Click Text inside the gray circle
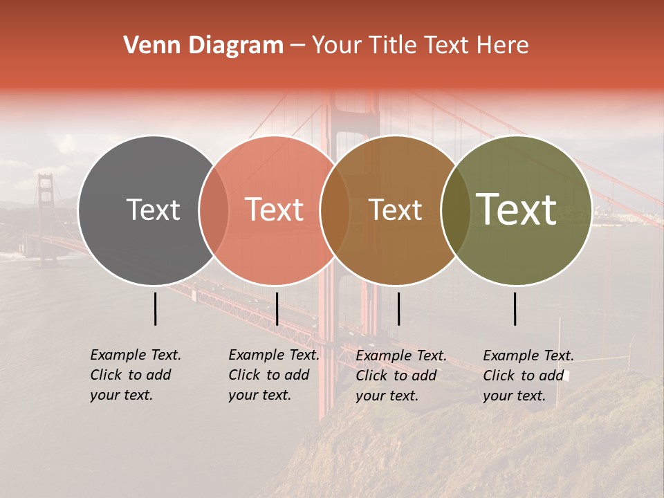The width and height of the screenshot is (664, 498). pos(153,210)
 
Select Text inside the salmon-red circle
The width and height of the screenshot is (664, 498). pos(275,210)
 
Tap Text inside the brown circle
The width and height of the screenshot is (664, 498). pos(395,210)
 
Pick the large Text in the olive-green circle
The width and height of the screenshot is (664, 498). pos(517,210)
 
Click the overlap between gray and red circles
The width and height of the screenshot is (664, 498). pos(214,210)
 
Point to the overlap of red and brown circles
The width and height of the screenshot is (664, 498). pos(335,210)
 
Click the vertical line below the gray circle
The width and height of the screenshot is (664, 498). pos(156,308)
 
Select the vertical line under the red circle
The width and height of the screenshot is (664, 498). pos(277,308)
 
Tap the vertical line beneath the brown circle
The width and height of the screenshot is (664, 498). pos(398,308)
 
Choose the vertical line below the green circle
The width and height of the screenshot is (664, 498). pos(515,308)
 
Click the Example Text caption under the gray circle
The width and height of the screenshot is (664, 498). pos(136,375)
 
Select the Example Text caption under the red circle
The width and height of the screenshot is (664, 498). pos(274,375)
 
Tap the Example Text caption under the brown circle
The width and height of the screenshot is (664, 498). pos(401,376)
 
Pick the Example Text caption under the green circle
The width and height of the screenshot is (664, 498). pos(528,376)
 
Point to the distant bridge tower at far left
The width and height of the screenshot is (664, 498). pos(46,214)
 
